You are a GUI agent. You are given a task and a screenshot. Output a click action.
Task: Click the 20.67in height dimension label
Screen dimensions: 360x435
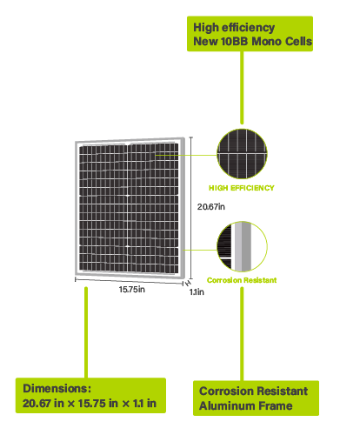(x=211, y=207)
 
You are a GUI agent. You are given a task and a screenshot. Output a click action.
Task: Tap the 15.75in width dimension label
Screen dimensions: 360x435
(x=132, y=290)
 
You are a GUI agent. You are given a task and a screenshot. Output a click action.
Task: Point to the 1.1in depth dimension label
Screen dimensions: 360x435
(x=197, y=292)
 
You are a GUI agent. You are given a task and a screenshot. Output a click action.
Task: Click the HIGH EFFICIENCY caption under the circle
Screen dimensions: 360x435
(x=242, y=188)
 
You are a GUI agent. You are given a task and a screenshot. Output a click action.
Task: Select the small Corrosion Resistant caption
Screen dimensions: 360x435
(x=242, y=280)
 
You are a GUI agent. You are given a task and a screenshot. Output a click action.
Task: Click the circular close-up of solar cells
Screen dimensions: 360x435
(x=242, y=154)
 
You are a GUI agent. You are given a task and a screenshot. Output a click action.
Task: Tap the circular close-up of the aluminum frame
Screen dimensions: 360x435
(x=242, y=246)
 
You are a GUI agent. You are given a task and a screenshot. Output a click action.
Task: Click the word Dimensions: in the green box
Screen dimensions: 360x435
(x=57, y=388)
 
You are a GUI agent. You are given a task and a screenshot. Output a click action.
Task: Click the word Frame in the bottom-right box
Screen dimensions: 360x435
(x=276, y=405)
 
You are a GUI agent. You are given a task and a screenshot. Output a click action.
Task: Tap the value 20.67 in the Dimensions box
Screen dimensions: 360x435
(x=37, y=404)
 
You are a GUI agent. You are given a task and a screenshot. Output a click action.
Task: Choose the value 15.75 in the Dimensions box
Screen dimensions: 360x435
(x=91, y=404)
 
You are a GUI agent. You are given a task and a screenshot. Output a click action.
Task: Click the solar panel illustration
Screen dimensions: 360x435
(x=130, y=208)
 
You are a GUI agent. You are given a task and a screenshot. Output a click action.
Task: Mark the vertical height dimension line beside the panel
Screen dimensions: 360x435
(x=190, y=208)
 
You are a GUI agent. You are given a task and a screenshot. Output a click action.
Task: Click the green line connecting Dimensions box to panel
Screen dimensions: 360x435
(x=86, y=332)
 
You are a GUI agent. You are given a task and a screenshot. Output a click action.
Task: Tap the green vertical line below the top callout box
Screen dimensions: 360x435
(x=242, y=88)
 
